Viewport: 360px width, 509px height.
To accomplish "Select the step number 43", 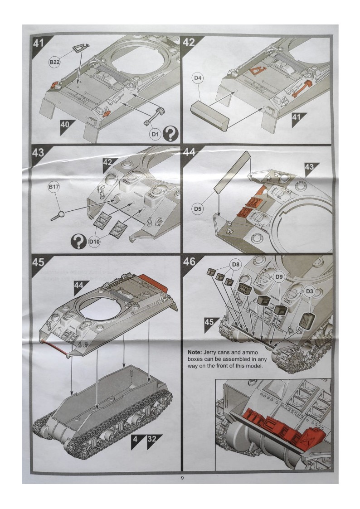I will click(38, 153).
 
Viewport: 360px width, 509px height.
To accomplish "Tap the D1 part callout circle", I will click(156, 135).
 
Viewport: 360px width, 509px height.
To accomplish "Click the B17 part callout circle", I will click(54, 187).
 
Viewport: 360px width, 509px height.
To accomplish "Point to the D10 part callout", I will click(94, 242).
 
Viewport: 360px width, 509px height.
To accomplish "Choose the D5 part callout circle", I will click(197, 209).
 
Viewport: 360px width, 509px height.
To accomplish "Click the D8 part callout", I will click(235, 264).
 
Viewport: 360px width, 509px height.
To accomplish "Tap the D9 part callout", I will click(279, 276).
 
